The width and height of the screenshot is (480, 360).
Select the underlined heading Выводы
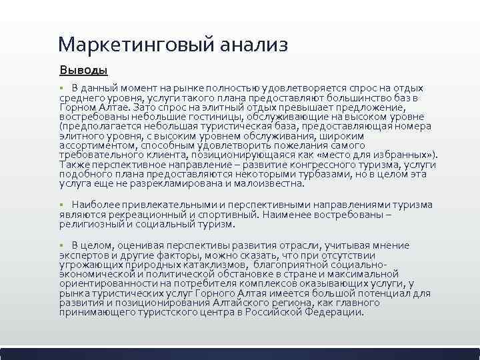point(83,70)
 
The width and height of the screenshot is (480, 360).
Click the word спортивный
point(227,215)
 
